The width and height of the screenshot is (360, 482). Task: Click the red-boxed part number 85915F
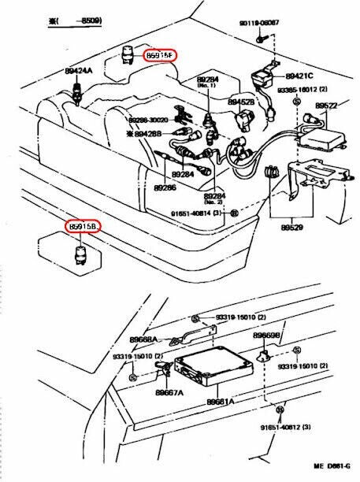[x=159, y=55]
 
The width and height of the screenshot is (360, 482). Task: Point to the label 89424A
[x=78, y=71]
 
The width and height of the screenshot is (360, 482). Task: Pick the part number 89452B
[x=240, y=102]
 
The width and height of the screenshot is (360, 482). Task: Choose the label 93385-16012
[x=300, y=90]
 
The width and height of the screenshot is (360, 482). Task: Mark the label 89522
[x=325, y=105]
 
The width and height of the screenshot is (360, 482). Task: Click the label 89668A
[x=144, y=339]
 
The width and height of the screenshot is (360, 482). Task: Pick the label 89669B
[x=265, y=335]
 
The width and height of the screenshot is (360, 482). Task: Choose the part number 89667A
[x=169, y=391]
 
